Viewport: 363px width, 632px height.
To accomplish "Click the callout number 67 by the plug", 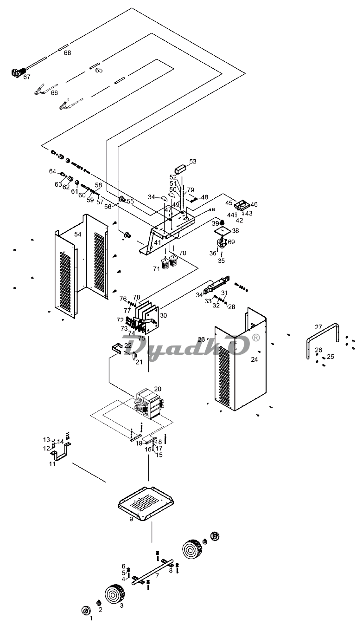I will pos(27,77).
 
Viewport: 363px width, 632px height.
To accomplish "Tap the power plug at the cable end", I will pos(17,72).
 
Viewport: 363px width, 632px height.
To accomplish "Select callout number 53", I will pos(193,162).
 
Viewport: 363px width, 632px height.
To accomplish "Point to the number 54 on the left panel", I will pos(78,235).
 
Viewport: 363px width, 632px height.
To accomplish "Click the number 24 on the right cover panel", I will pos(254,359).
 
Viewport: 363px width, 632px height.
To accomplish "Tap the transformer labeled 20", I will pos(148,404).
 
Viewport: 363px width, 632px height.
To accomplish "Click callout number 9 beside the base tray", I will pos(131,519).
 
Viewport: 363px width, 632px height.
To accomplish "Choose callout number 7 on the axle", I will pos(157,576).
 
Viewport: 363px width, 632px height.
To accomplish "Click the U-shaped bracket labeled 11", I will pos(62,451).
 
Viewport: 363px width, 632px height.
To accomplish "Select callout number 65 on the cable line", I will pos(99,70).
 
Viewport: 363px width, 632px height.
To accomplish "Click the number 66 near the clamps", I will pos(54,93).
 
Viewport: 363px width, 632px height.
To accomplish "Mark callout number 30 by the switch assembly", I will pos(163,315).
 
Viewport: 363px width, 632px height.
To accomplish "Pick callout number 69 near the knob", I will pos(231,242).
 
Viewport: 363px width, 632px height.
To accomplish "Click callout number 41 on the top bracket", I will pos(158,242).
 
